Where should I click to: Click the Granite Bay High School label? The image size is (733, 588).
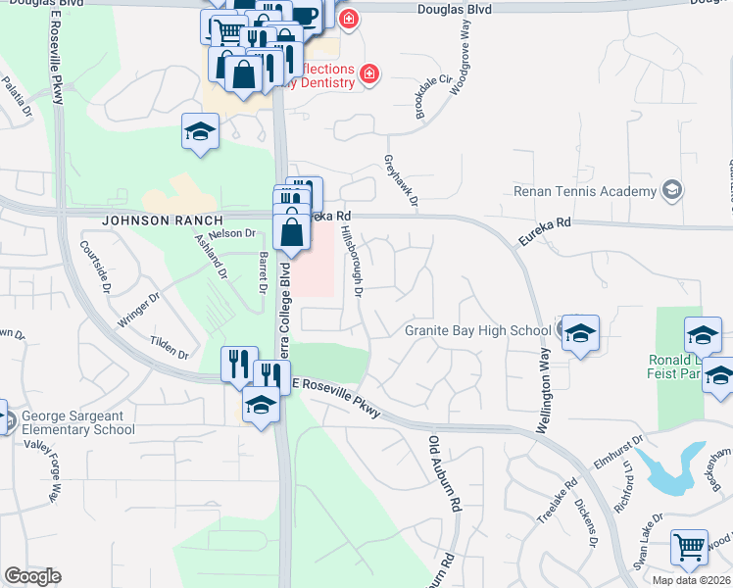pyautogui.click(x=477, y=331)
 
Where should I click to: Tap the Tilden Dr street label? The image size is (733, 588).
pyautogui.click(x=169, y=346)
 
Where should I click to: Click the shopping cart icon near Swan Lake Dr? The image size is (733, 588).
pyautogui.click(x=690, y=550)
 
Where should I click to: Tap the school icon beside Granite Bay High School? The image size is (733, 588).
pyautogui.click(x=580, y=333)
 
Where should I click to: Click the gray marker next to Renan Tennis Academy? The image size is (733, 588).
pyautogui.click(x=672, y=190)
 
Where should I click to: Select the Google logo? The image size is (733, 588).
pyautogui.click(x=32, y=576)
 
